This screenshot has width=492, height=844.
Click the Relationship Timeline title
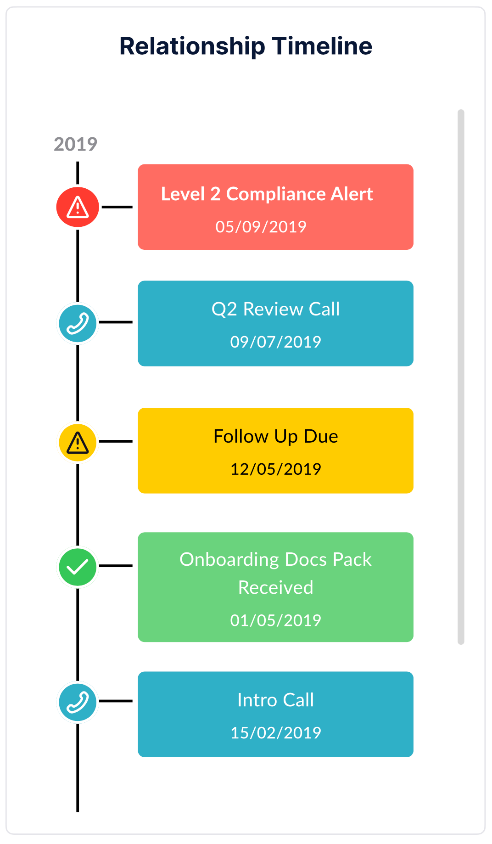point(246,46)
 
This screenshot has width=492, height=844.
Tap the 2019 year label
point(76,144)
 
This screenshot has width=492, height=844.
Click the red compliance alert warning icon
point(78,207)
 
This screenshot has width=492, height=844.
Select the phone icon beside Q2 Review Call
point(78,324)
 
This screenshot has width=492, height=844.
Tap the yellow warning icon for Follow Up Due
point(78,443)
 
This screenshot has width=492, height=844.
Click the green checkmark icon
point(78,567)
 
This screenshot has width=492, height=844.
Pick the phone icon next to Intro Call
point(78,703)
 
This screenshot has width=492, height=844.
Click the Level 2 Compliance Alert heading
point(267,194)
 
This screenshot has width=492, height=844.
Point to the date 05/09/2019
point(261,227)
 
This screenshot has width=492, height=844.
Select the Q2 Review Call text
point(275,309)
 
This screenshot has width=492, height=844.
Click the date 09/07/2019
point(275,342)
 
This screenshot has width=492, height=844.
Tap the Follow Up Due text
point(275,437)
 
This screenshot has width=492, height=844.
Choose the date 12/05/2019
point(275,469)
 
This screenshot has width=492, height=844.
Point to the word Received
point(275,588)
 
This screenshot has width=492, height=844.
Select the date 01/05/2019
point(275,620)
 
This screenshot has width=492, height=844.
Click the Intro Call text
point(275,700)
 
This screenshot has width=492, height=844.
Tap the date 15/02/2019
point(275,733)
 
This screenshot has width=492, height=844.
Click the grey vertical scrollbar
point(461,377)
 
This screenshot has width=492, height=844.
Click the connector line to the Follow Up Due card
point(116,441)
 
